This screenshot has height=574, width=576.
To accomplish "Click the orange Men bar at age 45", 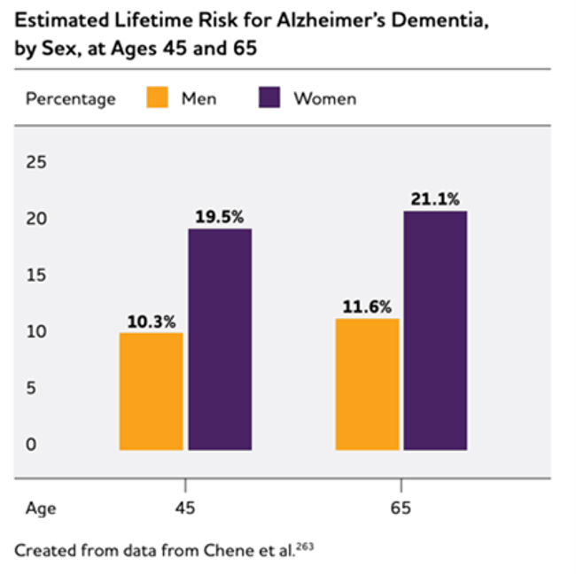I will pyautogui.click(x=151, y=391).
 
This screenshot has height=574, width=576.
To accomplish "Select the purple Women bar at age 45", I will pyautogui.click(x=219, y=339).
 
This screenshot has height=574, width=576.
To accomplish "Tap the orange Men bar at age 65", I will pyautogui.click(x=367, y=384).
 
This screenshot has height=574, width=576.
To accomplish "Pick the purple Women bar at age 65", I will pyautogui.click(x=435, y=330).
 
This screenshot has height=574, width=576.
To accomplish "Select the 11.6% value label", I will pyautogui.click(x=368, y=307).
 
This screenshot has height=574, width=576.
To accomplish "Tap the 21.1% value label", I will pyautogui.click(x=435, y=199).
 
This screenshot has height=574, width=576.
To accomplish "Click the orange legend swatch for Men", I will pyautogui.click(x=157, y=97).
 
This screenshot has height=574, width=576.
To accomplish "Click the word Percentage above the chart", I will pyautogui.click(x=71, y=98).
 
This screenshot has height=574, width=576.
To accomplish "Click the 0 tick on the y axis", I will pyautogui.click(x=32, y=445).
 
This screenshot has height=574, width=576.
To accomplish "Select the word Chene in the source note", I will pyautogui.click(x=226, y=550).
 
